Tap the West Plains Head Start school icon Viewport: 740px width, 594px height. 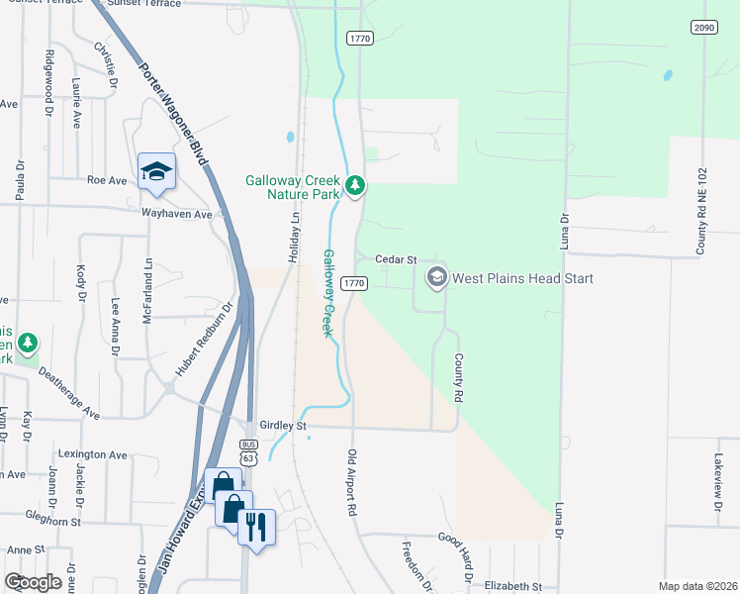(x=436, y=277)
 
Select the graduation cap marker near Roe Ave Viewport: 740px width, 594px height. (x=156, y=172)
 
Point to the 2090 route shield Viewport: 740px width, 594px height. (x=703, y=28)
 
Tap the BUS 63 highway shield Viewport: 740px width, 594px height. (x=248, y=452)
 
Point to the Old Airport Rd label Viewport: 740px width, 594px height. (x=351, y=482)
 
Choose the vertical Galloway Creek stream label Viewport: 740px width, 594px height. (x=324, y=292)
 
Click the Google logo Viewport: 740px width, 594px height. (x=33, y=582)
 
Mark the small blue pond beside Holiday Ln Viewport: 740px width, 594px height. (x=290, y=138)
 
